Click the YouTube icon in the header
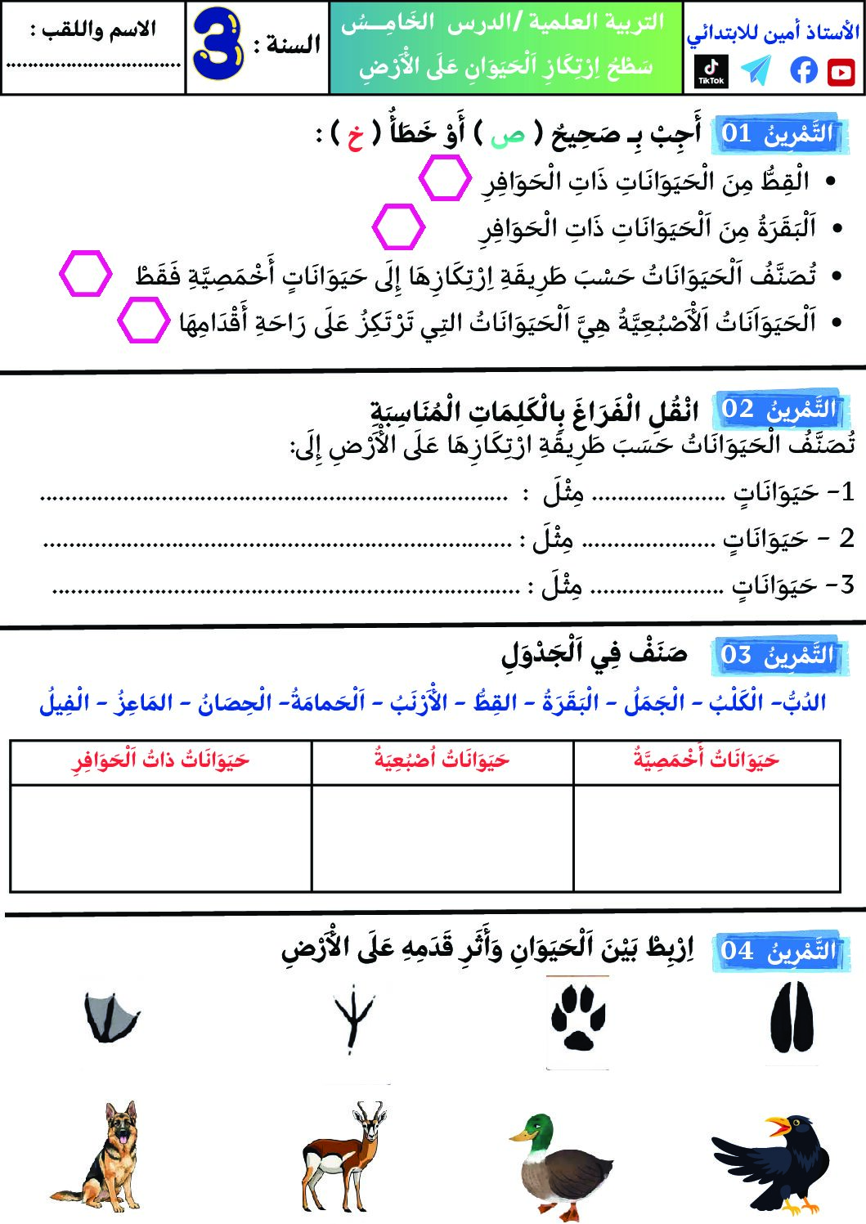(x=841, y=72)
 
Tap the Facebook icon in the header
(x=804, y=71)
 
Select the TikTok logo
(x=711, y=71)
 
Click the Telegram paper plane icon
(x=756, y=71)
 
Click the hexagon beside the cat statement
(x=445, y=179)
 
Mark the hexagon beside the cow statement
(x=398, y=226)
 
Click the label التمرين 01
(x=776, y=133)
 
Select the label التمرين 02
(x=777, y=409)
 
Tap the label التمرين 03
(x=777, y=655)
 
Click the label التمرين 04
(x=777, y=950)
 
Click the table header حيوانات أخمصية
(x=707, y=760)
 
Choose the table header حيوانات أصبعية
(x=442, y=760)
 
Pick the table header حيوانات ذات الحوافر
(x=161, y=760)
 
